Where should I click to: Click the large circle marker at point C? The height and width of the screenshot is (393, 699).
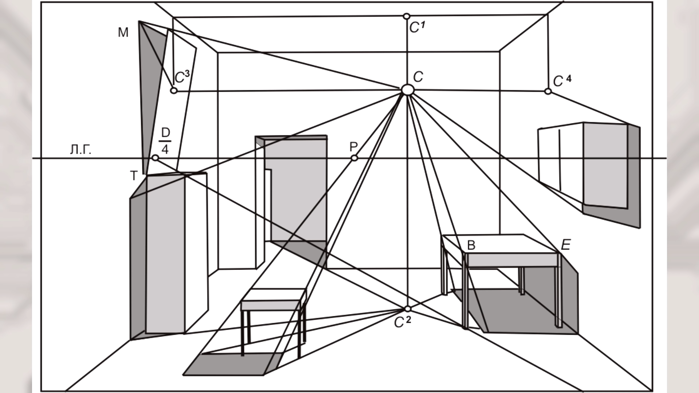click(x=407, y=90)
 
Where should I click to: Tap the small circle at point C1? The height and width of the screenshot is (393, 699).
click(x=407, y=16)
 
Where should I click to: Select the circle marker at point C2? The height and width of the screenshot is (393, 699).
click(x=407, y=309)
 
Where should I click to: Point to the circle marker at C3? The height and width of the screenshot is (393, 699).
click(x=174, y=90)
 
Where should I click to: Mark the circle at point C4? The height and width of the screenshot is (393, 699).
click(x=548, y=91)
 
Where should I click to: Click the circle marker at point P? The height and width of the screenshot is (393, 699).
click(x=354, y=158)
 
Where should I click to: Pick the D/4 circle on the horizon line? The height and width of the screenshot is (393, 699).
click(x=155, y=158)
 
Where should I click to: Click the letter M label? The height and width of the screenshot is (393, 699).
click(x=123, y=33)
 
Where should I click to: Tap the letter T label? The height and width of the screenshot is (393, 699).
click(x=134, y=176)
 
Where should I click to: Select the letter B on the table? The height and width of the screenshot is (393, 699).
click(x=471, y=246)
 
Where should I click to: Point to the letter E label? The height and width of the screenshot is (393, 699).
click(x=565, y=245)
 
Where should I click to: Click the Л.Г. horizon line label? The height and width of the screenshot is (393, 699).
click(x=80, y=150)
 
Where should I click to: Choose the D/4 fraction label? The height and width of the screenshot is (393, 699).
click(x=165, y=141)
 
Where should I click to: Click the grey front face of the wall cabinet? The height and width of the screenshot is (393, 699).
click(x=605, y=166)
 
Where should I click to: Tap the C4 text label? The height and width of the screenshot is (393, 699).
click(x=562, y=81)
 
